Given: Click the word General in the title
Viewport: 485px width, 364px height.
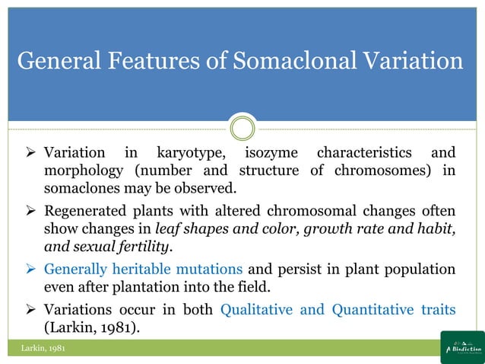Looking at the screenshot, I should click(x=58, y=60).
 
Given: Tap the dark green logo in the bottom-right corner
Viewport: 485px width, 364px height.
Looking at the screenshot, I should click(x=461, y=348).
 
